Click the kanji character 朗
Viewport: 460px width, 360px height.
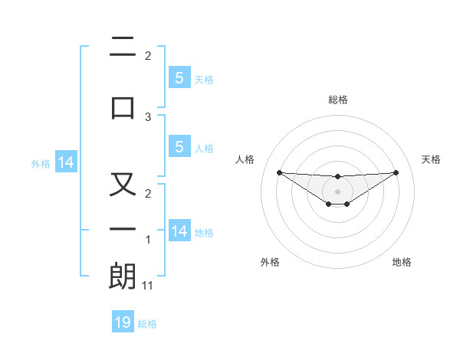click(123, 277)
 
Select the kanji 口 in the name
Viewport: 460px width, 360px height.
click(123, 106)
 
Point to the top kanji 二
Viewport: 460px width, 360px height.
click(123, 49)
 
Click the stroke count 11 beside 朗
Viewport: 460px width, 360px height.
click(148, 286)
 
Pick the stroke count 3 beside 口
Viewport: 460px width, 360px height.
click(148, 117)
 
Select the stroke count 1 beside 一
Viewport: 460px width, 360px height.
click(148, 241)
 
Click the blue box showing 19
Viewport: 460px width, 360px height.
click(123, 322)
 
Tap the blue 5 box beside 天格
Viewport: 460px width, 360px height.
click(179, 77)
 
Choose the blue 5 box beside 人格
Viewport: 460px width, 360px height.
click(179, 147)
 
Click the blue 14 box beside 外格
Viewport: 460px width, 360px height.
click(65, 162)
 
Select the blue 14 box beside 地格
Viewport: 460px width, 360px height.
click(179, 231)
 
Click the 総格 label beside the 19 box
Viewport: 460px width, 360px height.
click(147, 324)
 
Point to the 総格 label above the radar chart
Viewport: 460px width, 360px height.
click(337, 100)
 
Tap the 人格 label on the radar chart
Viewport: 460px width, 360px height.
click(245, 159)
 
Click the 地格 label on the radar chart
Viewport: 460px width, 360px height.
click(402, 262)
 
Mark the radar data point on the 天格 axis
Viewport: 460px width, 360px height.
click(396, 172)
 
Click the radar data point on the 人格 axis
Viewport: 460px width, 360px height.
click(279, 172)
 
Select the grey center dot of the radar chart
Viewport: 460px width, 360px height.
click(337, 191)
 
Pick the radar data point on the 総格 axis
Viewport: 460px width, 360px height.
click(337, 177)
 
